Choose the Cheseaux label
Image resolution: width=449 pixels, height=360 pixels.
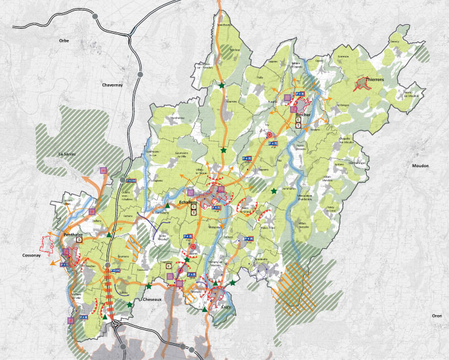tap(154, 299)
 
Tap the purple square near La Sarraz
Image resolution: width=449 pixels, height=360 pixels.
tap(104, 170)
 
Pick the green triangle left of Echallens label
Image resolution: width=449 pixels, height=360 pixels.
tap(167, 205)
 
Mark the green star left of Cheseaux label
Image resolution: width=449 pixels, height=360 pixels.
tap(130, 304)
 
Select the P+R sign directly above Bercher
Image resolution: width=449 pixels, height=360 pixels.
tap(299, 94)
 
